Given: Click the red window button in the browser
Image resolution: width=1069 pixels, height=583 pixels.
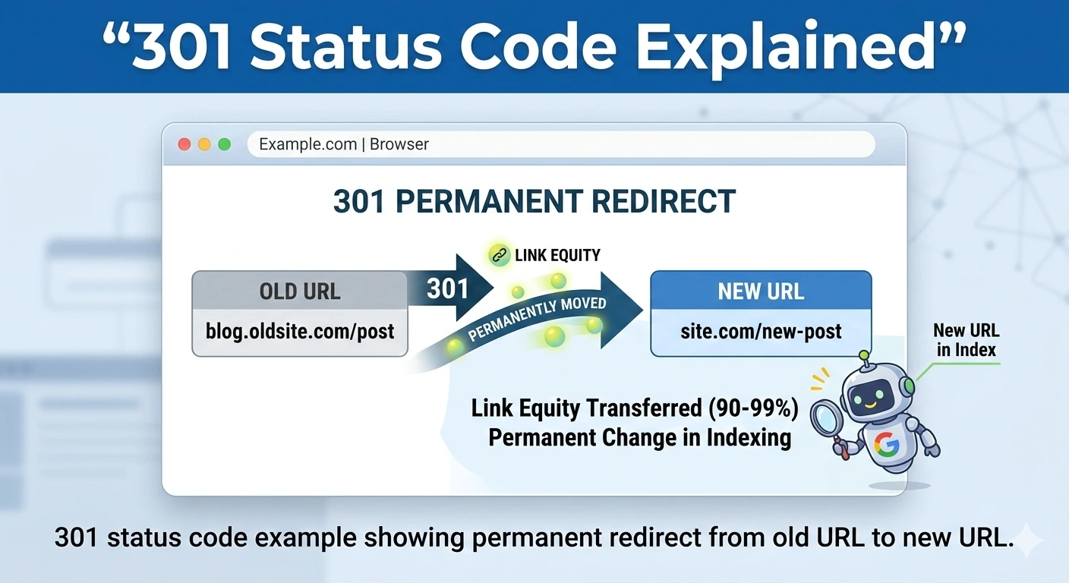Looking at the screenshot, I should (x=184, y=144).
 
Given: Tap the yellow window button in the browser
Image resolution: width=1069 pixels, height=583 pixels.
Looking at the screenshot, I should (x=203, y=144).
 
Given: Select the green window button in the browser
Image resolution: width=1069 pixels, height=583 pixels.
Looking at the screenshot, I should (x=224, y=144).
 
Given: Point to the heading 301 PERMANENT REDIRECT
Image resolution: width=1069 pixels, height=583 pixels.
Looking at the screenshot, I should (x=534, y=202).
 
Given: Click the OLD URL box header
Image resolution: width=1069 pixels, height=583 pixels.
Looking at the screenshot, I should (x=300, y=291).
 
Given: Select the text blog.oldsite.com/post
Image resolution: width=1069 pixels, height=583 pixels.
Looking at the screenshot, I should (x=300, y=332).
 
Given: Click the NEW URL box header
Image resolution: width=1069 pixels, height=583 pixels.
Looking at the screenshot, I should (x=761, y=291).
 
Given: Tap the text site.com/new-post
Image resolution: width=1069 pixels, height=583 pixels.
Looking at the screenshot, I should (x=761, y=332).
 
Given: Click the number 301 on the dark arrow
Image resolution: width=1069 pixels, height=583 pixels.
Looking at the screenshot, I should (x=447, y=288).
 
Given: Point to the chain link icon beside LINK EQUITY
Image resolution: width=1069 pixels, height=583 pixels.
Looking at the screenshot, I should (x=500, y=256).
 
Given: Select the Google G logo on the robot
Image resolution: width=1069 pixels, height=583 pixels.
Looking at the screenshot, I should (x=885, y=445).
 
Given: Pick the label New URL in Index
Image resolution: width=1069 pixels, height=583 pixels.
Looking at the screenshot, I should (x=966, y=340).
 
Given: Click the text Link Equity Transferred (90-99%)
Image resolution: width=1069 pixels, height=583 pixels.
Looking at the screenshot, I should (x=634, y=408).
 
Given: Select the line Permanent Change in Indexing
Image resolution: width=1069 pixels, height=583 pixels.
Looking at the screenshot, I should (x=639, y=438).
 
